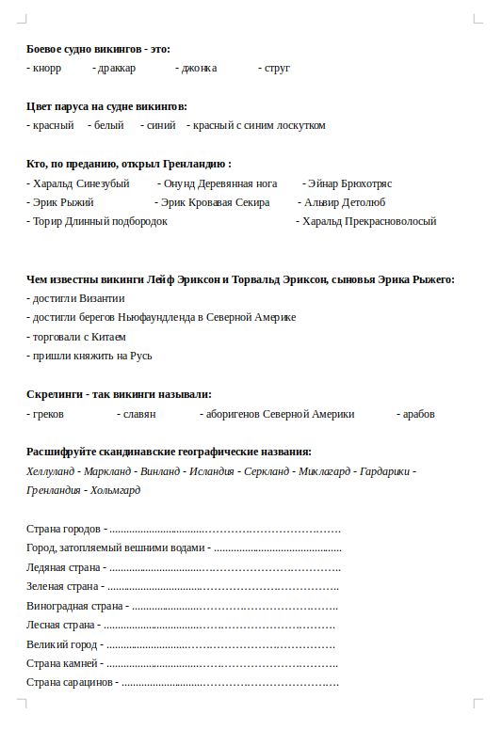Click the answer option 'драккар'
117,68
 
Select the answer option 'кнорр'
46,68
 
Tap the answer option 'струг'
277,68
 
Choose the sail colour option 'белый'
108,125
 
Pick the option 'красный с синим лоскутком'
259,125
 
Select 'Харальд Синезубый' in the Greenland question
80,183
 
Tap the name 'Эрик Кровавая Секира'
215,202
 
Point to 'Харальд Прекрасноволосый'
368,222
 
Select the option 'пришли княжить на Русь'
91,356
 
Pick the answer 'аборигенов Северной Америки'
281,414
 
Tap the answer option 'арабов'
418,414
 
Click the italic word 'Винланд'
161,471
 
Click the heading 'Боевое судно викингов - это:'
99,49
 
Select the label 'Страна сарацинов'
69,682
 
